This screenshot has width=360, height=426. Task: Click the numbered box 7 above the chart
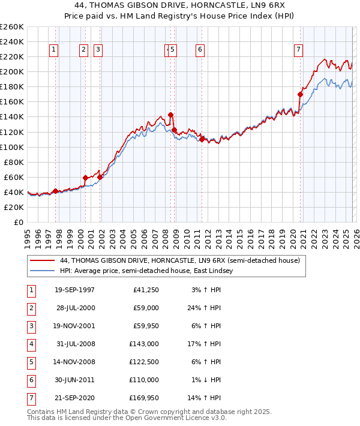click(x=298, y=50)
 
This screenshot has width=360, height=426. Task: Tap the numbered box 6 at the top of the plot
click(x=199, y=50)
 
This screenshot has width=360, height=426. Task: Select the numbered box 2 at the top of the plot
click(x=83, y=50)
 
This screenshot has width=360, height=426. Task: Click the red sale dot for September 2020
click(x=301, y=94)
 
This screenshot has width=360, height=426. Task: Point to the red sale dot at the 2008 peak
click(x=170, y=115)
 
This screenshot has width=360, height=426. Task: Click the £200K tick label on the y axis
click(x=12, y=71)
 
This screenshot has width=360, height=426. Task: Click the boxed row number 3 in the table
click(x=31, y=326)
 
